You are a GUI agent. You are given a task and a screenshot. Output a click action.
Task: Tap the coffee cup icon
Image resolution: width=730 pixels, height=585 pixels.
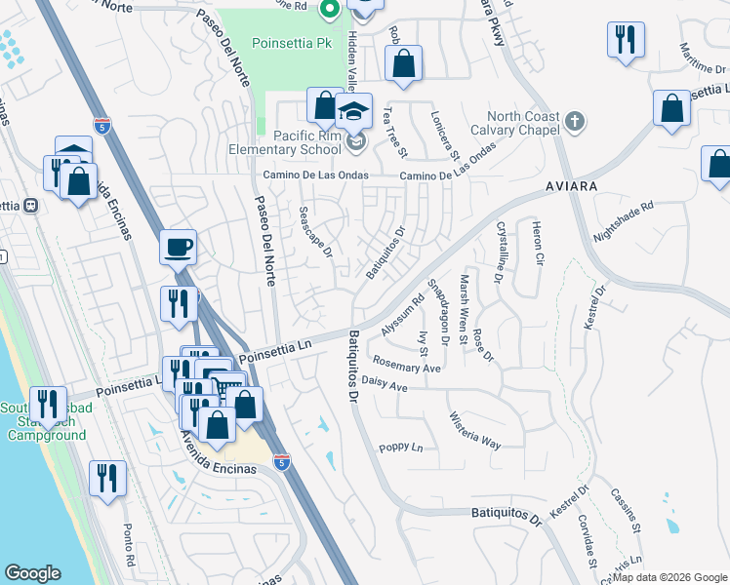click(x=179, y=247)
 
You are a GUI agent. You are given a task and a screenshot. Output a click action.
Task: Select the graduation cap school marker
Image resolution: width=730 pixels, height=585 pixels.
click(x=355, y=109)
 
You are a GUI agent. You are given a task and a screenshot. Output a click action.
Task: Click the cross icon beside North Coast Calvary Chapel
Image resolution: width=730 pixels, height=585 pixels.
click(x=576, y=122)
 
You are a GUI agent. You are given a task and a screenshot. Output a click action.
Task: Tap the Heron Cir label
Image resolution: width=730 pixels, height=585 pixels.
click(x=537, y=243)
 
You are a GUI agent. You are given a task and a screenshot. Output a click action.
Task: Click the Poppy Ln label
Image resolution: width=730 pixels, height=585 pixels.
click(x=401, y=448)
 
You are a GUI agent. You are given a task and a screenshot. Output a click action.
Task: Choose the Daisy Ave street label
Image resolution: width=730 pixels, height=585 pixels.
click(x=384, y=385)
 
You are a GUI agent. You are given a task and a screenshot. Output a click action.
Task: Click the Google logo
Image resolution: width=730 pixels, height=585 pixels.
click(x=33, y=573)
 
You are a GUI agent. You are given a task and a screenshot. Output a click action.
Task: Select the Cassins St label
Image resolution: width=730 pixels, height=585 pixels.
click(x=628, y=515)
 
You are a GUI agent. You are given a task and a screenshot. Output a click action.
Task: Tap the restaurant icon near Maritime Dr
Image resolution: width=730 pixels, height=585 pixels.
click(x=625, y=39)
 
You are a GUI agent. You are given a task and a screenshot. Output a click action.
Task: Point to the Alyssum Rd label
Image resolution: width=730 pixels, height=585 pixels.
click(x=403, y=317)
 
